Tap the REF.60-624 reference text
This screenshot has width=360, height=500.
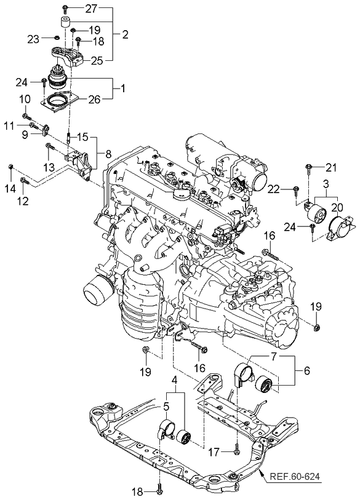pos(294,477)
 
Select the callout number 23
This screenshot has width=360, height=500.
pos(33,39)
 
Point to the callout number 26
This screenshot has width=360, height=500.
pos(94,100)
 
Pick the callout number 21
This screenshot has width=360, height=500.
pos(330,167)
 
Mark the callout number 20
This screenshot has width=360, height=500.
pos(337,208)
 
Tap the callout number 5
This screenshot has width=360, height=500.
pos(166,407)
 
